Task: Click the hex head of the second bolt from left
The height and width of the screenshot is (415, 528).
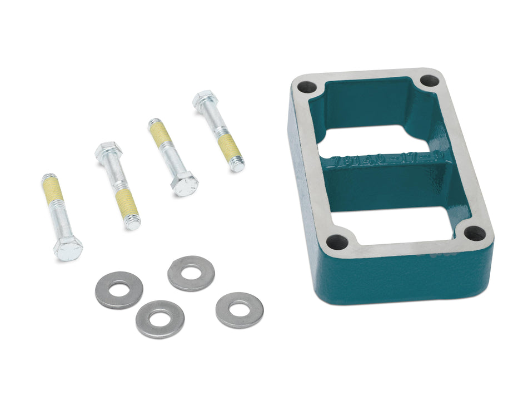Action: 108,151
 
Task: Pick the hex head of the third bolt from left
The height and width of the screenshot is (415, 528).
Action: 185,182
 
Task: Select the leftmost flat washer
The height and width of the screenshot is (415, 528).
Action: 119,290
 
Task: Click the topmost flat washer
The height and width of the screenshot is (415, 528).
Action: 191,273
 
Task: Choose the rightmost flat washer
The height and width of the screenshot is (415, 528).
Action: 239,310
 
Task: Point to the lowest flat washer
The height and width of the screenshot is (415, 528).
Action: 160,319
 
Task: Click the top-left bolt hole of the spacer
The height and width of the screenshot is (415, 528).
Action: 306,87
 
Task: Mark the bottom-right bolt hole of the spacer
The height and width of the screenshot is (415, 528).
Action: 473,234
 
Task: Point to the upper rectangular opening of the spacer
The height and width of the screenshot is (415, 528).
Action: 378,136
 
